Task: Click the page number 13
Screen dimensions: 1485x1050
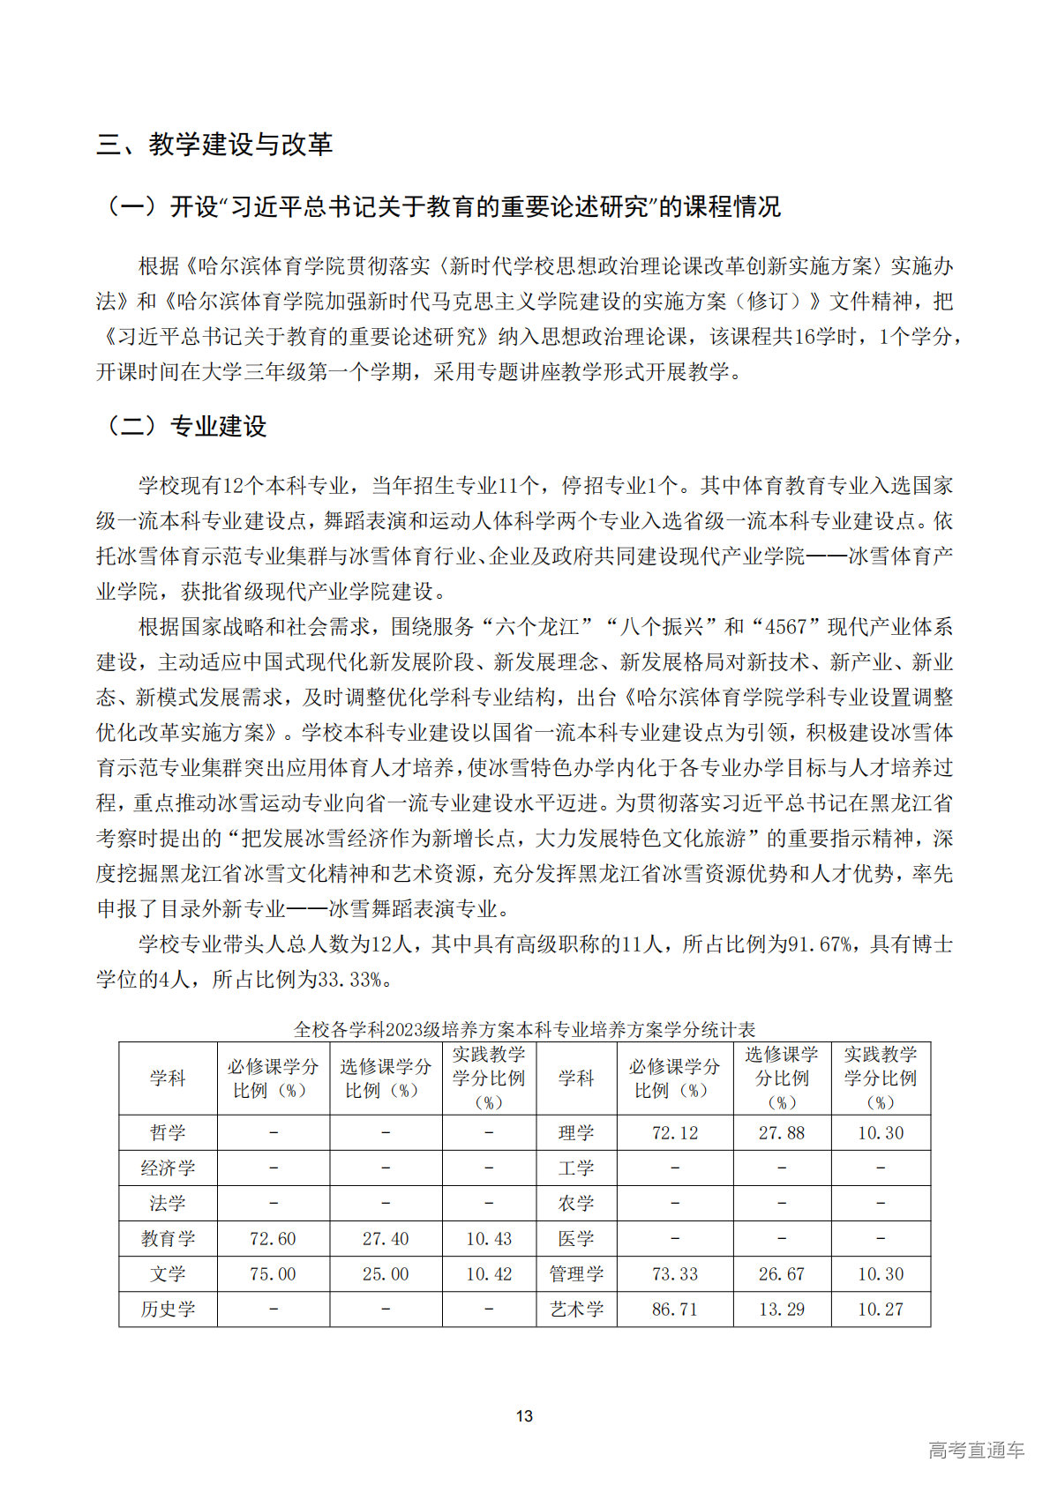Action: pyautogui.click(x=524, y=1415)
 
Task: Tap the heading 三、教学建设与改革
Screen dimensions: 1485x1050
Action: pyautogui.click(x=214, y=145)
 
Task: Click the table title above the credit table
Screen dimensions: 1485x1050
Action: pyautogui.click(x=524, y=1029)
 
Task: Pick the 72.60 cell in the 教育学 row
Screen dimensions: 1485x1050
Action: pyautogui.click(x=273, y=1239)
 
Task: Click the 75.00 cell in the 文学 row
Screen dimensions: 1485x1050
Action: pyautogui.click(x=273, y=1274)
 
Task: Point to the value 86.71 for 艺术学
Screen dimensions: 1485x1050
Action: pyautogui.click(x=674, y=1310)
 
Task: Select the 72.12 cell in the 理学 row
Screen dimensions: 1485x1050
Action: pyautogui.click(x=674, y=1133)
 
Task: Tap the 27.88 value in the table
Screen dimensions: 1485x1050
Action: pyautogui.click(x=782, y=1133)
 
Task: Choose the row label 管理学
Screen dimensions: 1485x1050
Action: pyautogui.click(x=576, y=1274)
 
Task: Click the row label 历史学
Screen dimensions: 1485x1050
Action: pyautogui.click(x=168, y=1310)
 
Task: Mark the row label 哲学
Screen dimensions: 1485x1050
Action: pyautogui.click(x=168, y=1133)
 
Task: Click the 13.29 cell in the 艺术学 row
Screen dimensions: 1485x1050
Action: pyautogui.click(x=782, y=1310)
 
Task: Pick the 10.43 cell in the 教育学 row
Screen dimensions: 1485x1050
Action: pyautogui.click(x=489, y=1239)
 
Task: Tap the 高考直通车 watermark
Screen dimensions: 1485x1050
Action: pyautogui.click(x=976, y=1450)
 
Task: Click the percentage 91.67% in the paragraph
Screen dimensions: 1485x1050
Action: pyautogui.click(x=819, y=945)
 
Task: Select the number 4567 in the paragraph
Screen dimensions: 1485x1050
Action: pyautogui.click(x=786, y=627)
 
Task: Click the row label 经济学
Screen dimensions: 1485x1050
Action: pyautogui.click(x=168, y=1168)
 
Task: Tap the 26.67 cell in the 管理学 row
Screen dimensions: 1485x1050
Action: pyautogui.click(x=782, y=1274)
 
